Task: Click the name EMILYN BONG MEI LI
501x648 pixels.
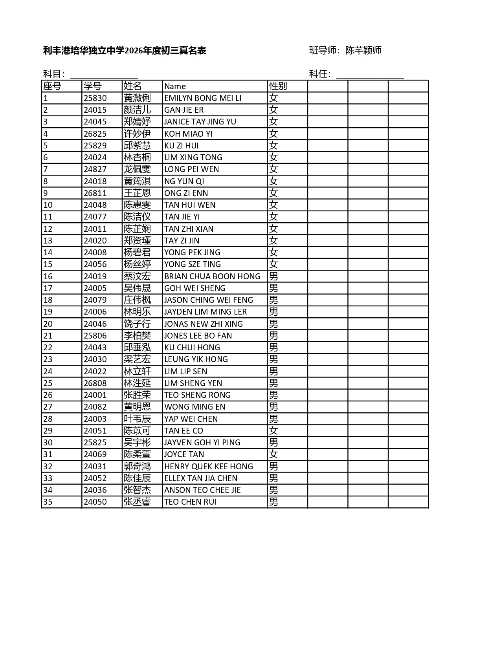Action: point(203,98)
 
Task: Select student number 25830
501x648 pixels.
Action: point(95,98)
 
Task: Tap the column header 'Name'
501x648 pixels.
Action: point(175,86)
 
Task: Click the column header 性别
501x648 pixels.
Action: point(278,86)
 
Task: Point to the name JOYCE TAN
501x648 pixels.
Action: point(184,454)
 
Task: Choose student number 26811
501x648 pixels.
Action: point(95,193)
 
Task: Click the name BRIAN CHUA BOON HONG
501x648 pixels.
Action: point(212,276)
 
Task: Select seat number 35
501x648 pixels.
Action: point(48,502)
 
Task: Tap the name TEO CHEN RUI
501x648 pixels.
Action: point(190,502)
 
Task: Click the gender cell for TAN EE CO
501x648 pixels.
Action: point(273,431)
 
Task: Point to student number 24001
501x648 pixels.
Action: point(95,395)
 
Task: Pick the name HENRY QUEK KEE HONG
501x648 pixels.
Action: point(209,467)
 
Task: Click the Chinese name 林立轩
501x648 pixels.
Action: point(137,372)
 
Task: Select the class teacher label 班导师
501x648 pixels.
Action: point(323,50)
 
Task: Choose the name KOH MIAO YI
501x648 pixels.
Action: point(188,134)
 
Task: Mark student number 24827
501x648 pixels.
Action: point(95,169)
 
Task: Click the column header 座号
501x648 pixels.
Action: point(52,86)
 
